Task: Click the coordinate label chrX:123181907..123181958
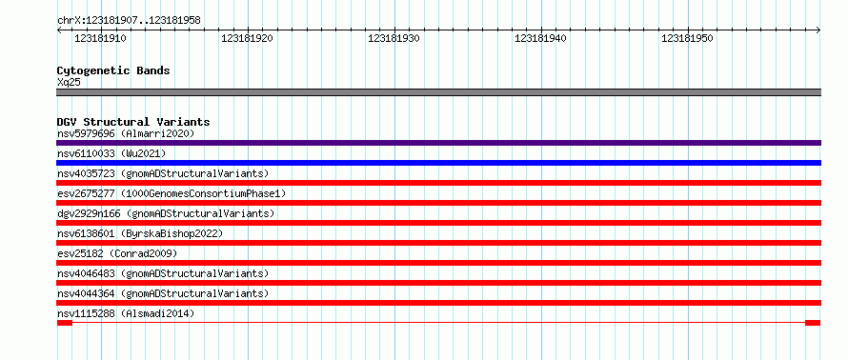pos(129,21)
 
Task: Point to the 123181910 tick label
pos(100,38)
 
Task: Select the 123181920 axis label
pos(247,38)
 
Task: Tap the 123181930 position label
pos(394,38)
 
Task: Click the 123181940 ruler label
pos(541,38)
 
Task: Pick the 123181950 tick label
pos(687,38)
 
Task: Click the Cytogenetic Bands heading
pos(113,70)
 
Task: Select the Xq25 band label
pos(69,82)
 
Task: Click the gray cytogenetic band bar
pos(438,92)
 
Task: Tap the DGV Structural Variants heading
pos(133,122)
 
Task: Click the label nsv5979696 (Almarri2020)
pos(126,133)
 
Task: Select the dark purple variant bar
pos(438,143)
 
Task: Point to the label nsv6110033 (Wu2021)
pos(111,153)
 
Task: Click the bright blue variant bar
pos(438,163)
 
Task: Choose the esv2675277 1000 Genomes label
pos(172,193)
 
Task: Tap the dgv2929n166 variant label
pos(166,213)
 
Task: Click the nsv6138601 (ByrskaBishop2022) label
pos(139,233)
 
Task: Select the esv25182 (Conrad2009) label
pos(117,253)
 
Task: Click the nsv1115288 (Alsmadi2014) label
pos(126,313)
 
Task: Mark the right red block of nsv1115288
pos(813,323)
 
